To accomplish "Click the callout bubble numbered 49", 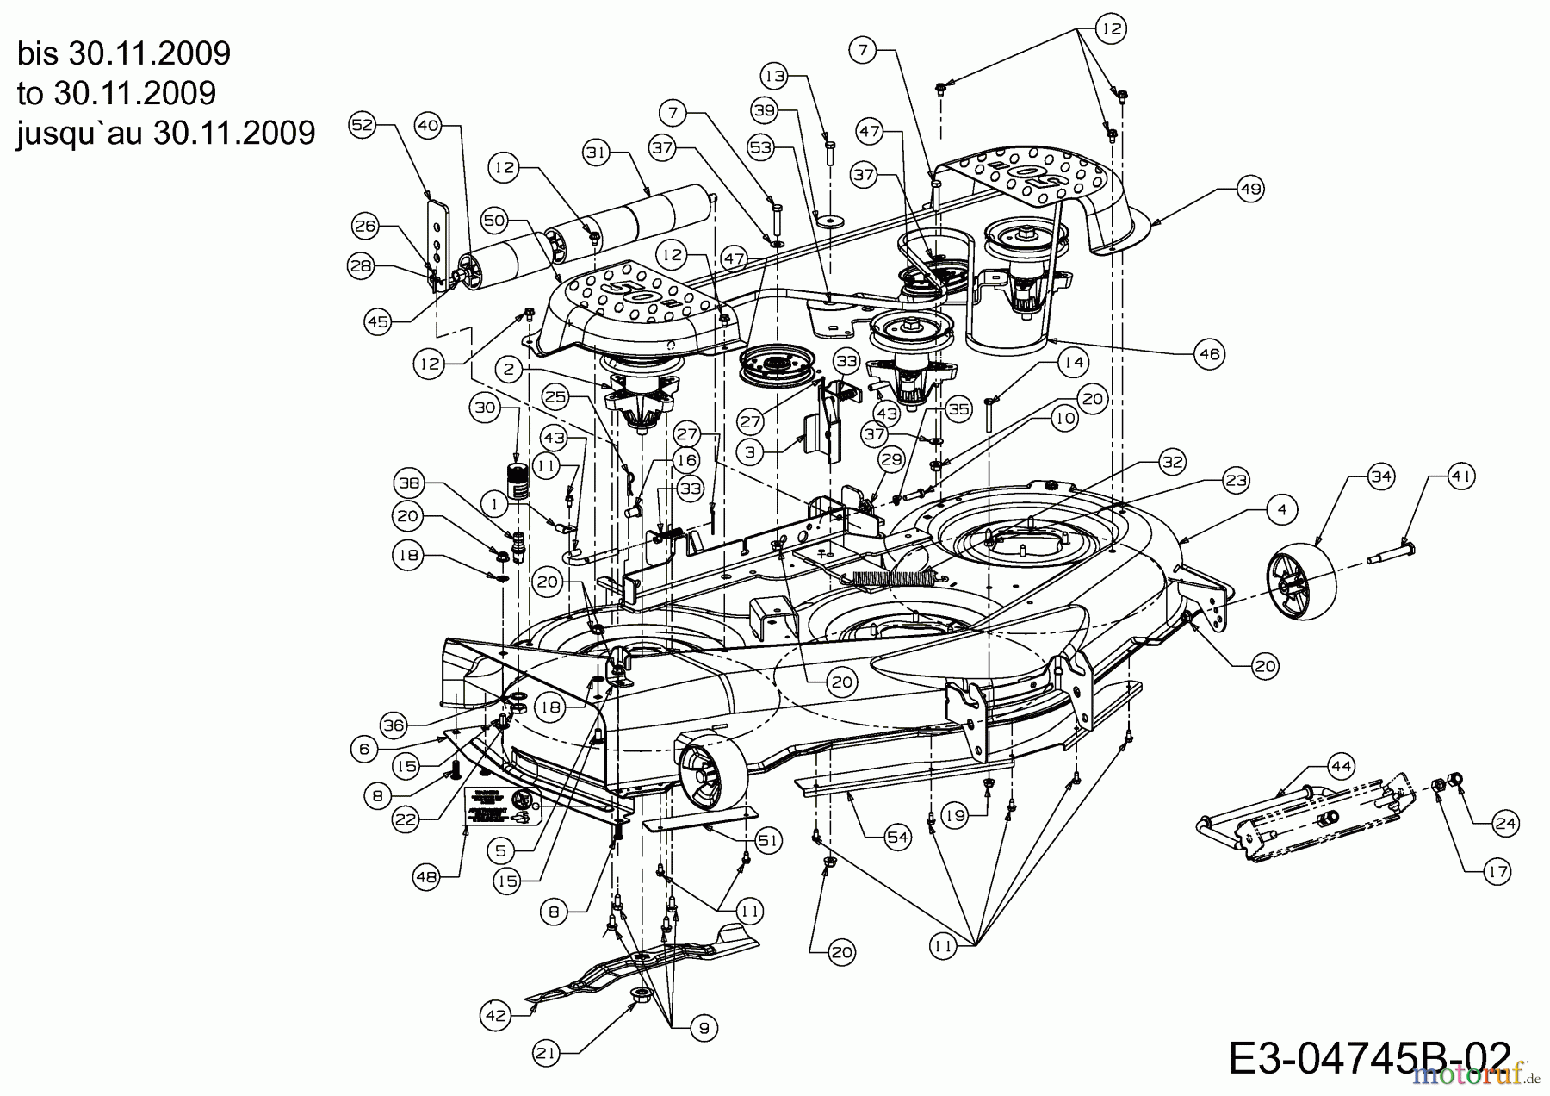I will [1250, 189].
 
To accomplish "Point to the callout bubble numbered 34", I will [1380, 476].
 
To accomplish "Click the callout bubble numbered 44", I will [1341, 765].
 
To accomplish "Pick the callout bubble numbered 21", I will [546, 1051].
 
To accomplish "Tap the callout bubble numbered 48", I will [427, 876].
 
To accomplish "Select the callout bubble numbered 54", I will [898, 837].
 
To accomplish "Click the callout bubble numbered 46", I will [1210, 353].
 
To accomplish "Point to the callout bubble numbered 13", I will [776, 77].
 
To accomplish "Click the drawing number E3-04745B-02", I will [1369, 1058].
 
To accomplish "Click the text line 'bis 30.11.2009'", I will [124, 53].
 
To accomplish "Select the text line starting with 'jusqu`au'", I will [165, 133].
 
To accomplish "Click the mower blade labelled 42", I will [637, 961].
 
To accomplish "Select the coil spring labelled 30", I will [517, 483].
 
